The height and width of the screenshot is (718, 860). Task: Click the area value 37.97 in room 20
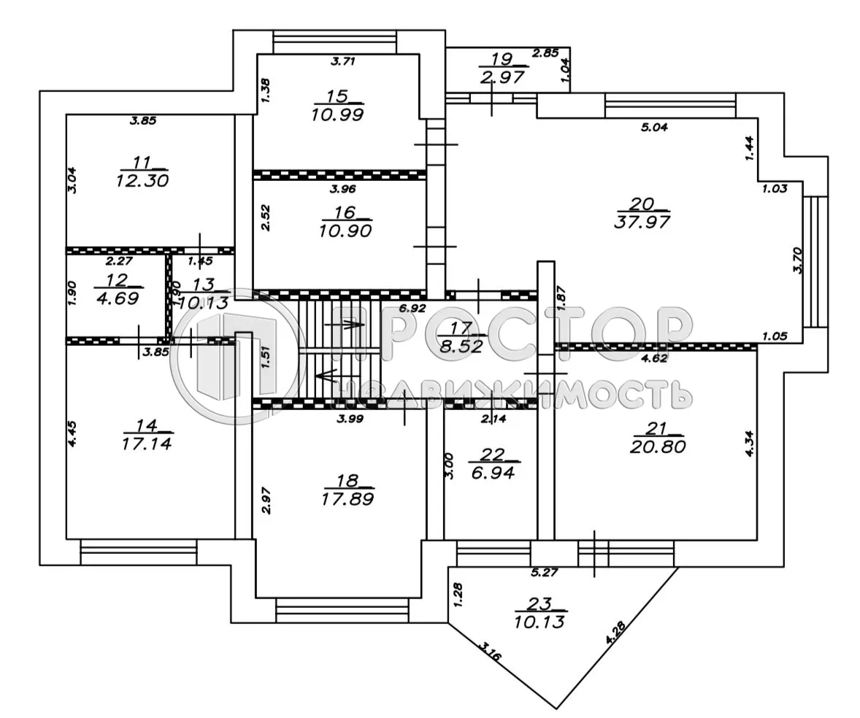pyautogui.click(x=643, y=220)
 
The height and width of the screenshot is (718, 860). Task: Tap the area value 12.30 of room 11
pyautogui.click(x=142, y=179)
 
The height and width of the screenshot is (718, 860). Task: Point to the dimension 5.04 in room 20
pyautogui.click(x=653, y=127)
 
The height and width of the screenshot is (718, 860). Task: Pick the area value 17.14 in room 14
pyautogui.click(x=144, y=442)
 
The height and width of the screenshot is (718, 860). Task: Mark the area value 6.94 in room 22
pyautogui.click(x=493, y=472)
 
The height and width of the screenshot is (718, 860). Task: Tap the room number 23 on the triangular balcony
pyautogui.click(x=541, y=603)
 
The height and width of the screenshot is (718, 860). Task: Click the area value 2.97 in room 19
pyautogui.click(x=503, y=77)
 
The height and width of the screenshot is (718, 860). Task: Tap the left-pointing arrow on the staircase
pyautogui.click(x=326, y=377)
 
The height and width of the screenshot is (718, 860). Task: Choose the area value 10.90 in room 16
pyautogui.click(x=345, y=231)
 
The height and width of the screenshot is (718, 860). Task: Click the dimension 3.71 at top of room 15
pyautogui.click(x=342, y=62)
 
